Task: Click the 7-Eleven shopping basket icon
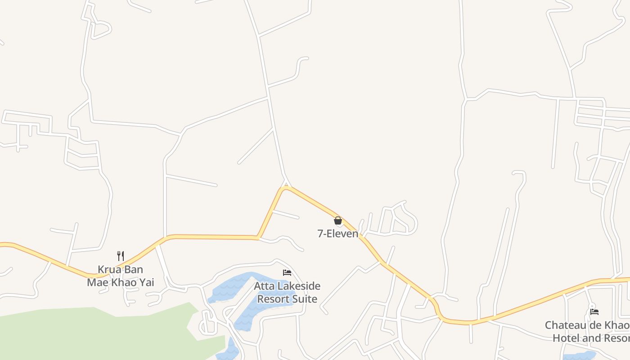click(338, 220)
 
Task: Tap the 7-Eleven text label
click(338, 234)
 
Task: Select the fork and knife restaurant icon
click(121, 256)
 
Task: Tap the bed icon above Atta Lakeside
click(287, 273)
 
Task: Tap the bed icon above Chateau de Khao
click(594, 311)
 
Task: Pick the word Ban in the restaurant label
click(134, 270)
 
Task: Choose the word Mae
click(97, 283)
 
